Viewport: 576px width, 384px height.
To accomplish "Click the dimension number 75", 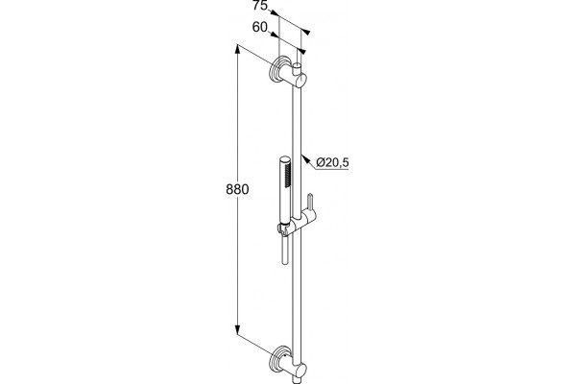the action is [260, 6].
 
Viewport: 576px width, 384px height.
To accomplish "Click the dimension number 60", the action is [260, 27].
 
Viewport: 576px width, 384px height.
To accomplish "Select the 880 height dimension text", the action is [237, 190].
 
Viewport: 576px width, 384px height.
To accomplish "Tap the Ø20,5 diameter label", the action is [332, 162].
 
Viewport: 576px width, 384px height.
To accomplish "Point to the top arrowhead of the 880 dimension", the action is [238, 49].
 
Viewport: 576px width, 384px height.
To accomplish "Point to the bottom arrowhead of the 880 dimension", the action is [238, 329].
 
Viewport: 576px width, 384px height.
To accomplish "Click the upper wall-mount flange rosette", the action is [278, 69].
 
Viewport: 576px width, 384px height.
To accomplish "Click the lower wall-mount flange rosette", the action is [278, 359].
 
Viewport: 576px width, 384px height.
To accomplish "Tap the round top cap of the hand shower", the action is [284, 159].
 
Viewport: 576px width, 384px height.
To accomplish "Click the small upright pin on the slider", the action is [310, 203].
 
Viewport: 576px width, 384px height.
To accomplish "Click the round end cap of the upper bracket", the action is [301, 80].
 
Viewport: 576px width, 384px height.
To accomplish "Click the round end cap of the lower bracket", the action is [301, 371].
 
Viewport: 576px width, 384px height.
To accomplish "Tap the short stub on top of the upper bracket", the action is [298, 68].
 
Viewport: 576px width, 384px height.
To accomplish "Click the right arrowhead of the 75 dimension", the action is [305, 33].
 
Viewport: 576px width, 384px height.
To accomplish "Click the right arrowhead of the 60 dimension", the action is [301, 51].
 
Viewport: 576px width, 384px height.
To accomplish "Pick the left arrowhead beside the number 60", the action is [274, 35].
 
